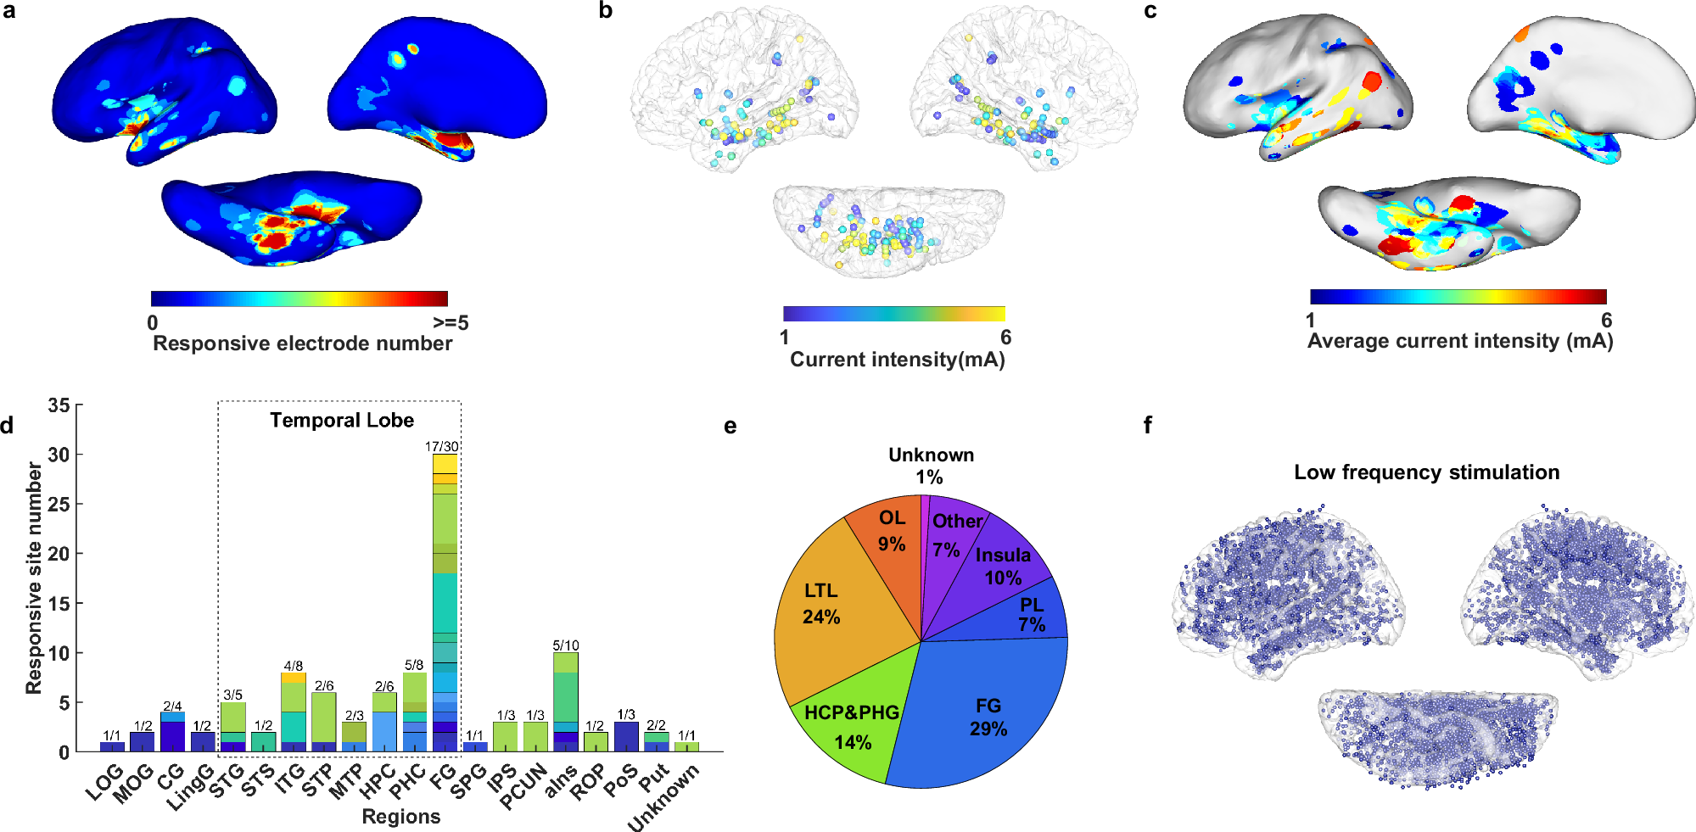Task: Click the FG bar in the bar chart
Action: point(445,602)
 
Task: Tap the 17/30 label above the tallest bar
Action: point(442,446)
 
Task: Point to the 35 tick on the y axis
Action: point(59,405)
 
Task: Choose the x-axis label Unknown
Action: point(664,797)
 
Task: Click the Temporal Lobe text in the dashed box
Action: point(342,421)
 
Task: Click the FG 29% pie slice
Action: point(984,712)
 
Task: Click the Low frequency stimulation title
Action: point(1426,472)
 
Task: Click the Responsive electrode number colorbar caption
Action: point(302,343)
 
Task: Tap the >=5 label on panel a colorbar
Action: point(450,323)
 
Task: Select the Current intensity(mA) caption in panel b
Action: point(897,360)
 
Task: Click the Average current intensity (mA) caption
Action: point(1459,341)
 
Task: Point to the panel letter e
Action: point(730,426)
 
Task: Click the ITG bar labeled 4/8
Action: point(294,712)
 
